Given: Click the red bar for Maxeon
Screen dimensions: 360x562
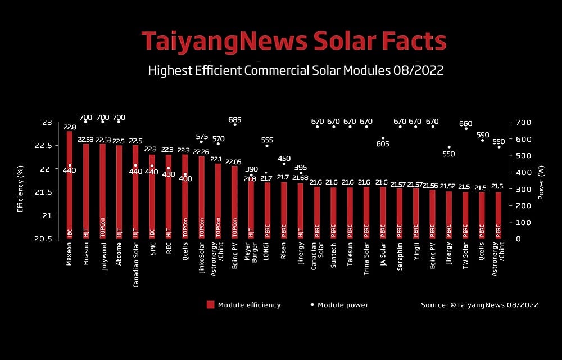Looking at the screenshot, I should point(70,186).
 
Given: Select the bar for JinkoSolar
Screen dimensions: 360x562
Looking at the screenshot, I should point(202,197).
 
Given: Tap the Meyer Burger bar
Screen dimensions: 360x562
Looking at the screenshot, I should point(251,208).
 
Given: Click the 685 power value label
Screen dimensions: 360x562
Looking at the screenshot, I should point(235,119).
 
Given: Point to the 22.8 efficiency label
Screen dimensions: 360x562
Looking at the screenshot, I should point(70,127).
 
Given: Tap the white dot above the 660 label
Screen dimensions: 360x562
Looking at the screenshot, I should point(465,129).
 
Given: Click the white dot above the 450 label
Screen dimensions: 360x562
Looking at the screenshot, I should point(284,164).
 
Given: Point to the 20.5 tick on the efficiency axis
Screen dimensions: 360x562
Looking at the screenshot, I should point(48,239).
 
